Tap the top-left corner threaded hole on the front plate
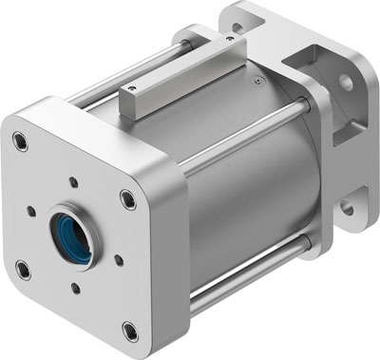[x=20, y=143]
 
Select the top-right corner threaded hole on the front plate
[x=128, y=199]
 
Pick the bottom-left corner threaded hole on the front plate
[x=23, y=270]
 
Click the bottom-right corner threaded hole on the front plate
[x=130, y=332]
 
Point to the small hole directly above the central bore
[x=73, y=180]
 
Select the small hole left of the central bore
[x=32, y=211]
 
